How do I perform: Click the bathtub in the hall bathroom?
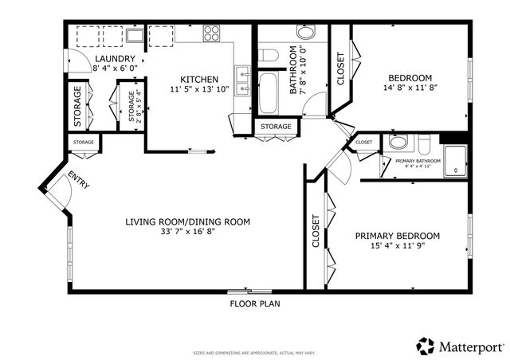click(269, 93)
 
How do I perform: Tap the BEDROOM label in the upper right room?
click(410, 78)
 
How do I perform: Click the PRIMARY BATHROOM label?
click(418, 161)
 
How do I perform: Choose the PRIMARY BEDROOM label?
click(398, 236)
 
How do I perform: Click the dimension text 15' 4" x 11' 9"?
click(398, 248)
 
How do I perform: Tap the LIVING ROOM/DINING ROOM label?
click(188, 221)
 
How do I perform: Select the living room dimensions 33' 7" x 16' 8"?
click(188, 233)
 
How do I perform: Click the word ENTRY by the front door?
click(78, 181)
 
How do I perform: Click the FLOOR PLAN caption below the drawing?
click(254, 303)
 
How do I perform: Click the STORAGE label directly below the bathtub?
click(277, 127)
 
